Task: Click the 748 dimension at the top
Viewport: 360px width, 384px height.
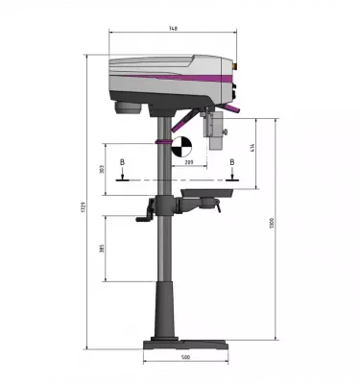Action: pyautogui.click(x=172, y=29)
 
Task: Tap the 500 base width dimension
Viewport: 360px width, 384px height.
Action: pyautogui.click(x=185, y=357)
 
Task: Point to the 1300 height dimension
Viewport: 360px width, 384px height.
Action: pyautogui.click(x=273, y=223)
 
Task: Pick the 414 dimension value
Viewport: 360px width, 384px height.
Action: pyautogui.click(x=252, y=149)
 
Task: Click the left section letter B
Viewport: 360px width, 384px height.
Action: pyautogui.click(x=121, y=164)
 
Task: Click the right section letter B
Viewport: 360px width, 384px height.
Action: pyautogui.click(x=232, y=164)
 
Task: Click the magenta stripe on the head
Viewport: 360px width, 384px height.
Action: pyautogui.click(x=173, y=76)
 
